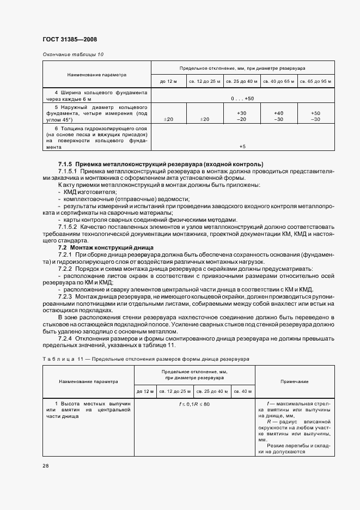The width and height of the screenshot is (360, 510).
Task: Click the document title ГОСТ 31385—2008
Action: (x=70, y=39)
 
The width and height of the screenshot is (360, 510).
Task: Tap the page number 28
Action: (x=45, y=466)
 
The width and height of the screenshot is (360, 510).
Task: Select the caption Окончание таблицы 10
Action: (x=72, y=54)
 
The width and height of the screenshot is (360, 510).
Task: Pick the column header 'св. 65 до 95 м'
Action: (x=315, y=81)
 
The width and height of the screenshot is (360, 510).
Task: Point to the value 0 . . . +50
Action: (x=242, y=98)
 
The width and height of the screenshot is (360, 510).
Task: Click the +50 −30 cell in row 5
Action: (x=315, y=116)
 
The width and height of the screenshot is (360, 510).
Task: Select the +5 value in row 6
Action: (x=242, y=146)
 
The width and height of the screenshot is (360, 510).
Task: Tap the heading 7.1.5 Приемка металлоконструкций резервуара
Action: (x=161, y=164)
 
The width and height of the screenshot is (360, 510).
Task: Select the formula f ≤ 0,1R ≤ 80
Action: (x=194, y=404)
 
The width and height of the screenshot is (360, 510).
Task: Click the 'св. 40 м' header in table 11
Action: (x=242, y=391)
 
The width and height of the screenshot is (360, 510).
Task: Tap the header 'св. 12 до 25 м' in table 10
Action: (x=204, y=81)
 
